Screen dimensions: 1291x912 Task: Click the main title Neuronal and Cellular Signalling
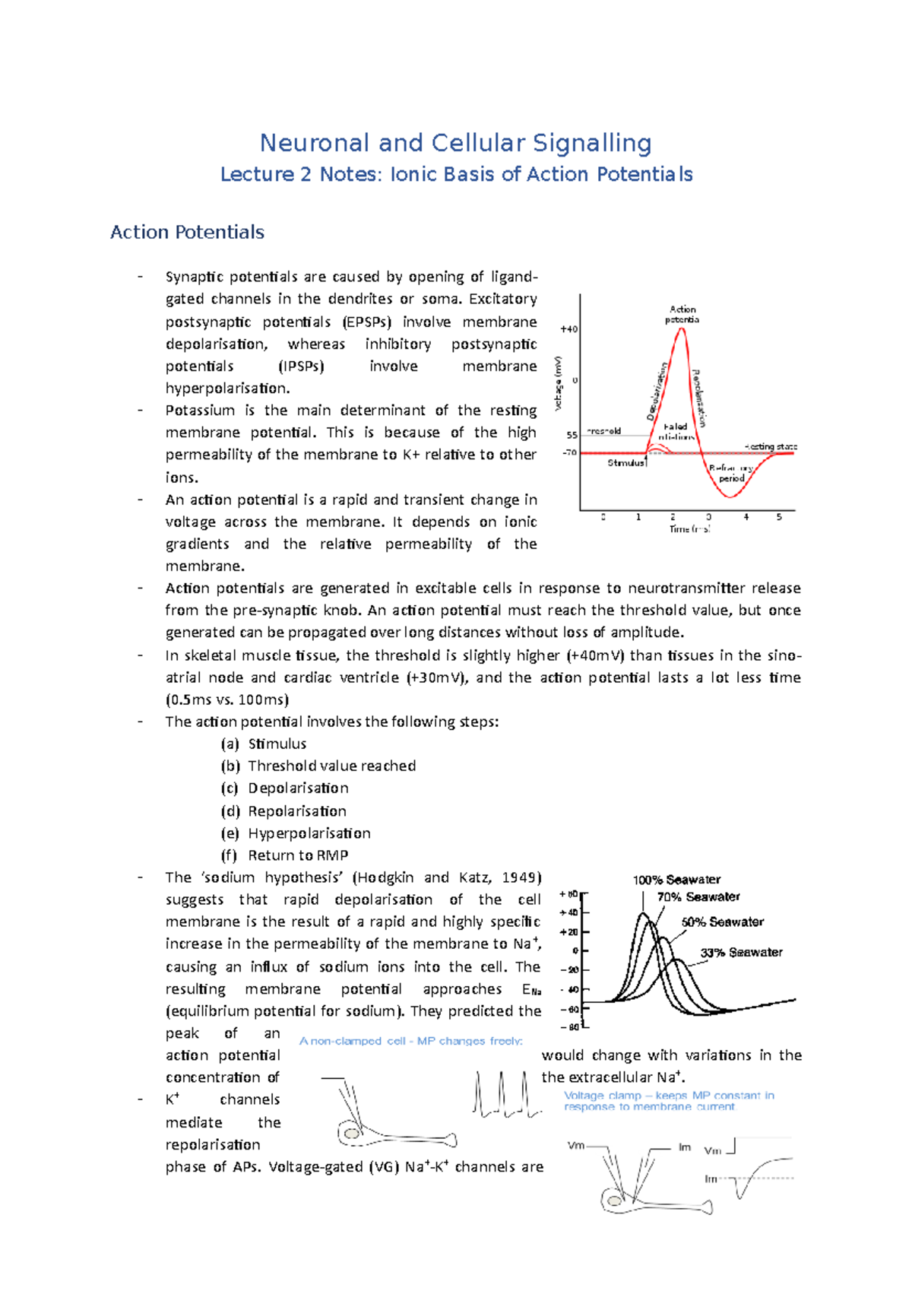pos(455,143)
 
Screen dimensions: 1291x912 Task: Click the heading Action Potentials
pos(187,232)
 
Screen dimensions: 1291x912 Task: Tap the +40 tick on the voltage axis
pos(568,329)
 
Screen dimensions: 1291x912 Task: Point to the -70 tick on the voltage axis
pos(569,452)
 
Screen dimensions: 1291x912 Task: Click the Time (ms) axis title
pos(689,528)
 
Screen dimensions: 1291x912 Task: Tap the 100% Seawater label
pos(676,880)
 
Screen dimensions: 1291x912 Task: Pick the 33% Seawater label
pos(741,952)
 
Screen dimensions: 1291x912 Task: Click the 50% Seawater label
pos(722,921)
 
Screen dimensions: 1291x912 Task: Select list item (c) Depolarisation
pos(297,788)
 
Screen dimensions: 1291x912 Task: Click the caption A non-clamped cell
pos(410,1041)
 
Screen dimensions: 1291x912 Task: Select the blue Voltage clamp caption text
pos(669,1100)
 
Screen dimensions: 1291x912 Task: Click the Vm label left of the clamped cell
pos(576,1145)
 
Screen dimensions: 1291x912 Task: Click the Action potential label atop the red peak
pos(682,314)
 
